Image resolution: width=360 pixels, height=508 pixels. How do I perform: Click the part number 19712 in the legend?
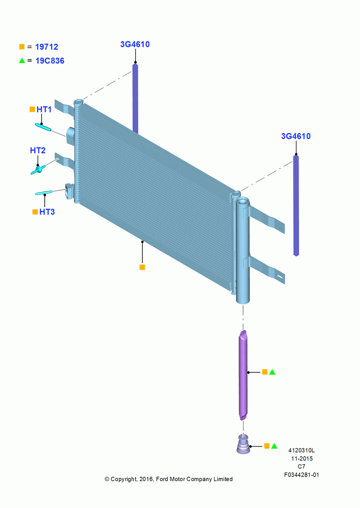[47, 47]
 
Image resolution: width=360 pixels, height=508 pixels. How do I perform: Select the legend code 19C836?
[50, 61]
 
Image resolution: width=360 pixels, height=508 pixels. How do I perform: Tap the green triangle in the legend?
[22, 60]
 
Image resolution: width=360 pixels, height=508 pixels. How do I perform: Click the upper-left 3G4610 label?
[135, 44]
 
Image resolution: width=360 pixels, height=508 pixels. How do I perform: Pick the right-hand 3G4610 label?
[296, 136]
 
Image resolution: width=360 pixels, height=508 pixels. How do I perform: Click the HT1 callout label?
[44, 110]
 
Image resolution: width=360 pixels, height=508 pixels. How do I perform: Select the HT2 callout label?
[38, 150]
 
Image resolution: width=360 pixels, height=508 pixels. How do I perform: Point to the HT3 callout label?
[47, 212]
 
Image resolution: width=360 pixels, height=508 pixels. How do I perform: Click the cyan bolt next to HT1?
[43, 128]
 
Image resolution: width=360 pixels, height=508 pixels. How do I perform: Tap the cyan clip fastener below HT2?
[38, 170]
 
